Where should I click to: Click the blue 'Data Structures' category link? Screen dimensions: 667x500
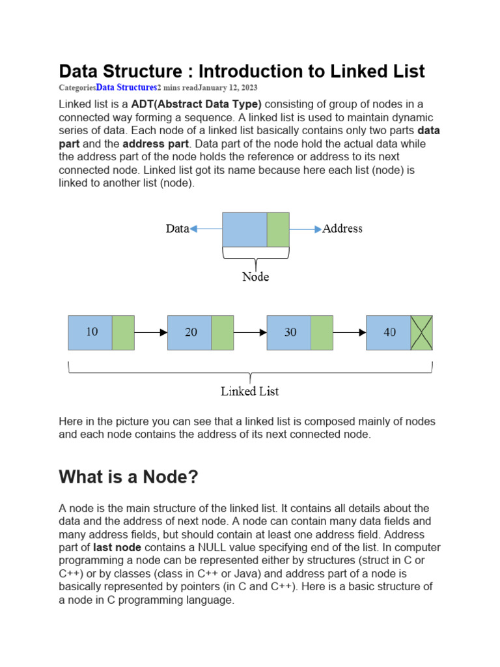point(126,87)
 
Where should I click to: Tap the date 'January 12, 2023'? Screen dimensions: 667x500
point(230,87)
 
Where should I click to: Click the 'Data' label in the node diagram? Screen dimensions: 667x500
point(177,229)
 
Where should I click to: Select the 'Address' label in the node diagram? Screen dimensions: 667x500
point(342,229)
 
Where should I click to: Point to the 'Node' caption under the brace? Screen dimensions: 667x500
point(255,277)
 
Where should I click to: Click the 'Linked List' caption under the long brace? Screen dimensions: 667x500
point(250,391)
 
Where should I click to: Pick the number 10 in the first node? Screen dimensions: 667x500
point(92,332)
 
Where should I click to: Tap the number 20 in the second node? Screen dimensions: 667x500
point(191,332)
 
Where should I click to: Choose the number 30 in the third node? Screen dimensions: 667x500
point(290,332)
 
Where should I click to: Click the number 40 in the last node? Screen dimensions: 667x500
point(389,332)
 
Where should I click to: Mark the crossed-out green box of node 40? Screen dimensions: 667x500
point(422,332)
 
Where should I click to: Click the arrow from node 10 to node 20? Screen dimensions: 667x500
point(151,332)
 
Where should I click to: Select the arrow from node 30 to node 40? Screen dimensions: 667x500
point(350,332)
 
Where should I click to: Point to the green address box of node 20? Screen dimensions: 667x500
point(223,332)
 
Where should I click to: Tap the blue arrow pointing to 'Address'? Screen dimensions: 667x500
point(305,229)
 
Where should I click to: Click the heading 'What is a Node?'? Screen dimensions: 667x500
point(128,477)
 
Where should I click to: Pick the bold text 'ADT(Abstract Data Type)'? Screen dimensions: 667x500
point(196,104)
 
